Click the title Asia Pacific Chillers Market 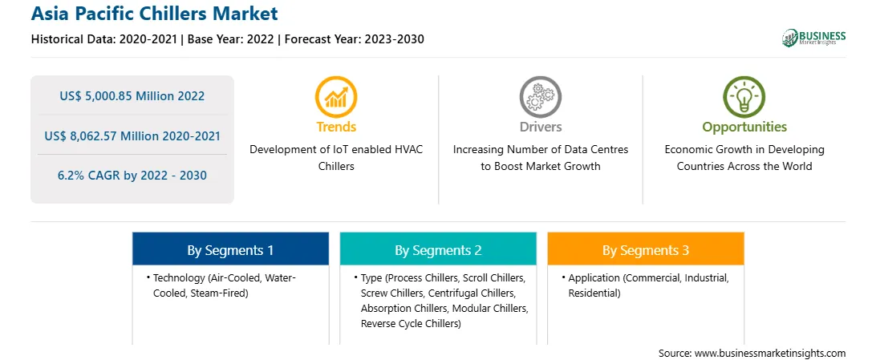tap(154, 14)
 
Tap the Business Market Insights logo tap(813, 38)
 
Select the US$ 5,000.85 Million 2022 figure tap(132, 96)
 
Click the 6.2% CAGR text tap(89, 176)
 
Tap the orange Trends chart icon tap(336, 97)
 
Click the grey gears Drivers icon tap(540, 97)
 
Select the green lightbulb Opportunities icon tap(744, 97)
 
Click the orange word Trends tap(336, 127)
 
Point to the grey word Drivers tap(540, 127)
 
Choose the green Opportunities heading tap(744, 127)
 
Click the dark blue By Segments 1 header tap(231, 250)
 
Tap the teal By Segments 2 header tap(438, 250)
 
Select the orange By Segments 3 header tap(646, 250)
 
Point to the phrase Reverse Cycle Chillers tap(410, 323)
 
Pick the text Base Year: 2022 tap(231, 39)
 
